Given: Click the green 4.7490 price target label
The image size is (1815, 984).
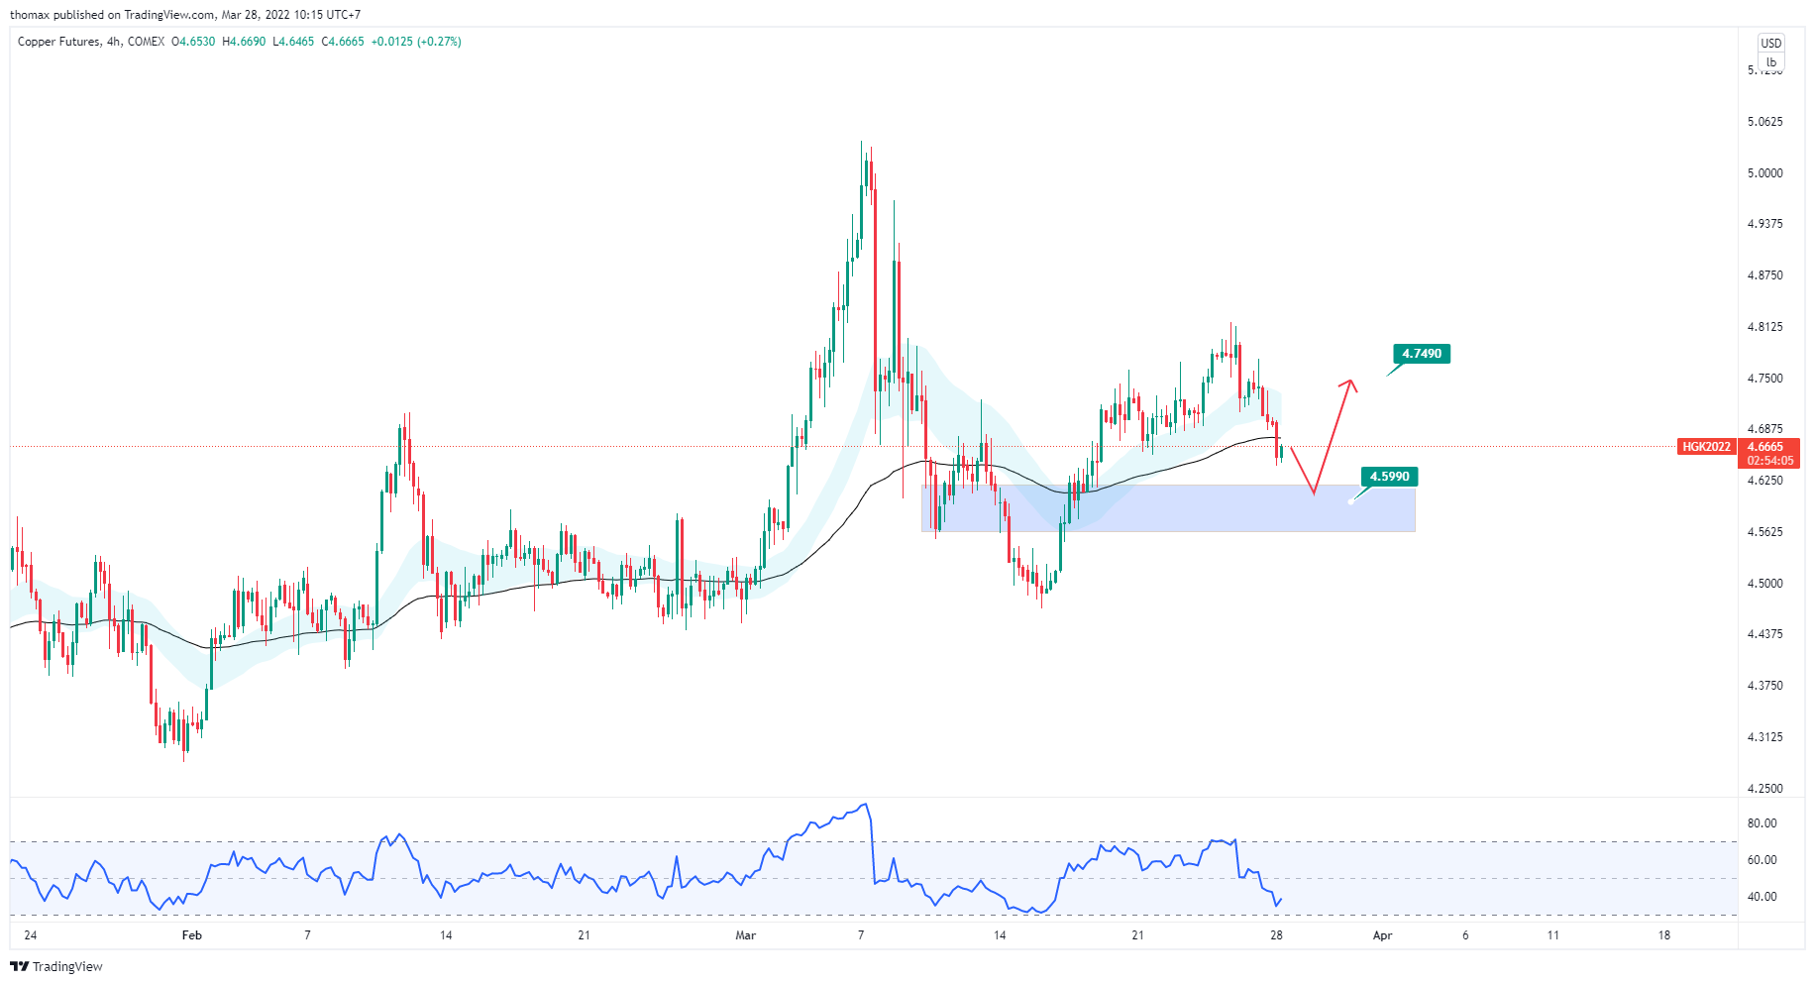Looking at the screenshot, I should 1422,354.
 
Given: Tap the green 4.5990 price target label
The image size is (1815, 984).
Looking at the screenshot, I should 1389,477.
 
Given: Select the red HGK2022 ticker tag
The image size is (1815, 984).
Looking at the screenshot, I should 1706,447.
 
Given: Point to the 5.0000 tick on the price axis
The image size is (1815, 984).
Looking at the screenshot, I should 1764,173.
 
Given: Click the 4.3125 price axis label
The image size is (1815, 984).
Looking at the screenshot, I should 1764,737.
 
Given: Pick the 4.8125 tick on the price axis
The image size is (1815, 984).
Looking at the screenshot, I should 1764,327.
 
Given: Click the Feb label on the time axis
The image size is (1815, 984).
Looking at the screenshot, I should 192,935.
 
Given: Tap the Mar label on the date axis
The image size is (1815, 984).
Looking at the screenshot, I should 746,935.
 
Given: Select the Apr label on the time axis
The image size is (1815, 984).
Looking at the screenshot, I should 1383,935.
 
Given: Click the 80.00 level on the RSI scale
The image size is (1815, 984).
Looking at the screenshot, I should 1762,823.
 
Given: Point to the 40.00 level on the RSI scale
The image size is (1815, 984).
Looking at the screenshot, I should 1762,897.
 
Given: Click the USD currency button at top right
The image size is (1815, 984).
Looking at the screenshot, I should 1770,44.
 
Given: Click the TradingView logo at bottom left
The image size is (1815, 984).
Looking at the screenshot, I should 56,966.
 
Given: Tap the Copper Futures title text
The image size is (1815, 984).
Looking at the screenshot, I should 58,42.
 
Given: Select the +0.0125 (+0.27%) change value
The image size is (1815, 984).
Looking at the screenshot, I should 416,42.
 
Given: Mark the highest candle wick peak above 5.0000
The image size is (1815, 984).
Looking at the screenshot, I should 862,143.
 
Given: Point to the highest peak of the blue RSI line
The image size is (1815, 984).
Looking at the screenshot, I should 866,805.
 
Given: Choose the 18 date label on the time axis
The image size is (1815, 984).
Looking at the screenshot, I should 1664,935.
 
